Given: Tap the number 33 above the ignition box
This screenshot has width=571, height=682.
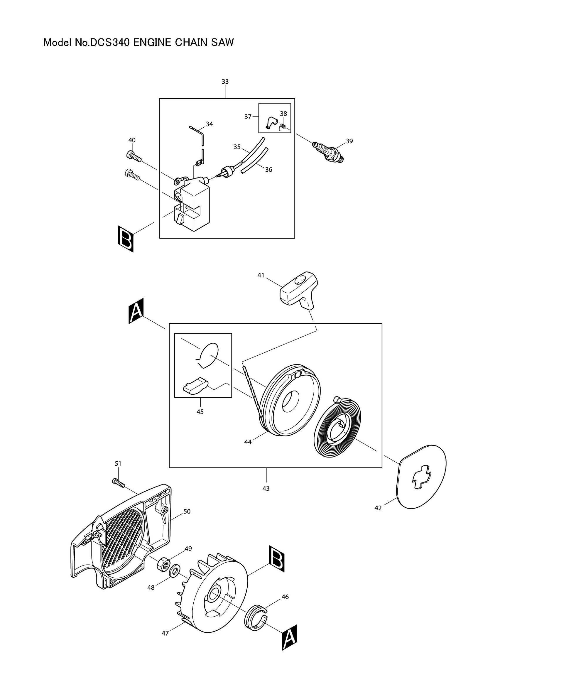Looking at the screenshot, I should click(225, 82).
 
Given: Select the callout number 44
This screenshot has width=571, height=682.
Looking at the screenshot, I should click(248, 442).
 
